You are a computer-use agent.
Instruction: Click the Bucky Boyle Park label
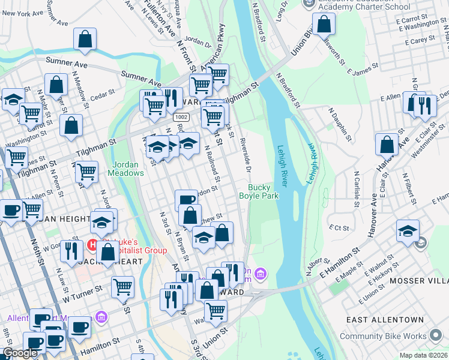click(259, 191)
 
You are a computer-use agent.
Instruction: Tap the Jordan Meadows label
click(126, 168)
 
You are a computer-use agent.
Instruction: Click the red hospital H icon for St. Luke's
click(92, 244)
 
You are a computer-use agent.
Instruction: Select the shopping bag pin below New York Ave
click(85, 39)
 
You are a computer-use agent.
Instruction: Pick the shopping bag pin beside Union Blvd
click(324, 25)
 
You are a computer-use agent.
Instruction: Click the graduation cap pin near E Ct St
click(408, 230)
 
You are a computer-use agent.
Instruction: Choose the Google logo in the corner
click(20, 353)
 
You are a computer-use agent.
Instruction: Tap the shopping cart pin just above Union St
click(215, 311)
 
